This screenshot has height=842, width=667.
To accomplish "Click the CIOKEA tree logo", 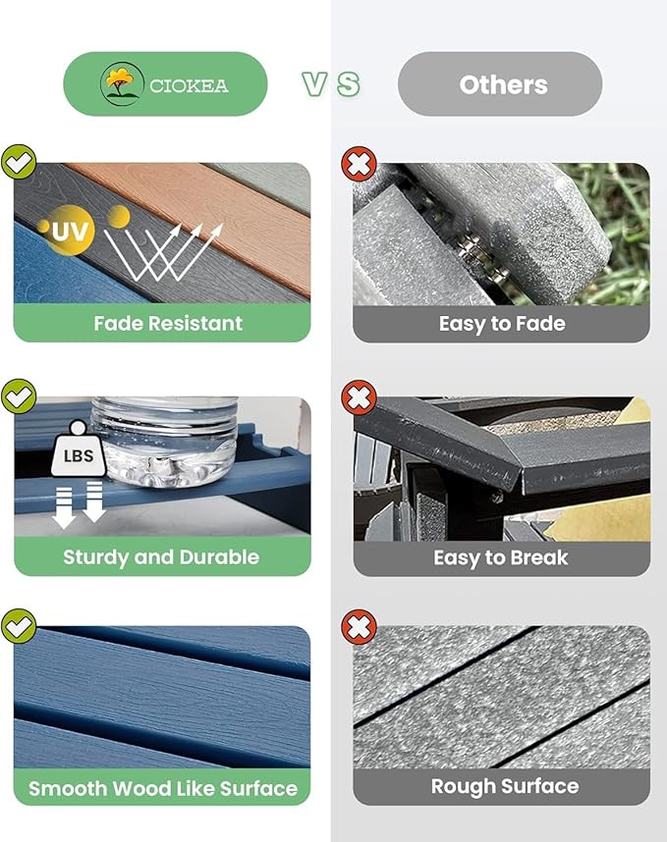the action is coord(122,83).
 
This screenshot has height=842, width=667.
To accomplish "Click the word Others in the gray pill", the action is coord(504,84).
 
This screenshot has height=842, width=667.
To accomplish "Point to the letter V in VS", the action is coord(314,84).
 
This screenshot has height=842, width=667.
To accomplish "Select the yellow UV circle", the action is coord(69,231).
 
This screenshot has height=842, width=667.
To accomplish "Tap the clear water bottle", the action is coord(164,442).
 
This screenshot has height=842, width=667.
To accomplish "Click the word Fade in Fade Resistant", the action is coord(118,323).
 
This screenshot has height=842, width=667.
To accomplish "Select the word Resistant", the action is coord(195,323).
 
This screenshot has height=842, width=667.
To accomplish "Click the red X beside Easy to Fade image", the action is coord(359,163).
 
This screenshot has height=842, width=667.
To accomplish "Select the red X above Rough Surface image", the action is coord(359,626).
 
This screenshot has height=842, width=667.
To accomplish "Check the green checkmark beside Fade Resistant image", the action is coord(19,162).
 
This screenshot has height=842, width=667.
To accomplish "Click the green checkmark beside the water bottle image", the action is coord(19,396).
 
